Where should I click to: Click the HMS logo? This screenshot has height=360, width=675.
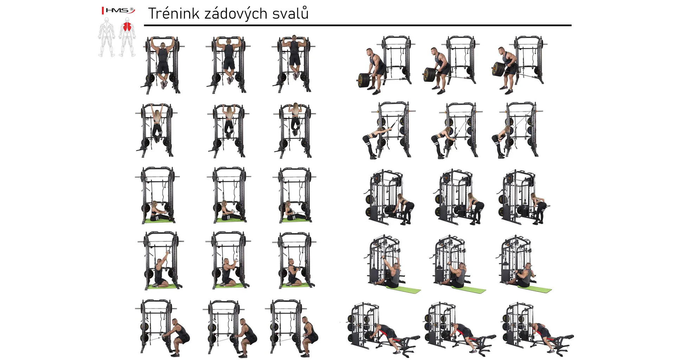(118, 11)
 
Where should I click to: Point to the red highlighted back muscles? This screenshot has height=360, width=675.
(127, 27)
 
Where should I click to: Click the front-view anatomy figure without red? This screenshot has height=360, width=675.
(107, 37)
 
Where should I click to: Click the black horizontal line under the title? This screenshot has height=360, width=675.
(358, 25)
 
